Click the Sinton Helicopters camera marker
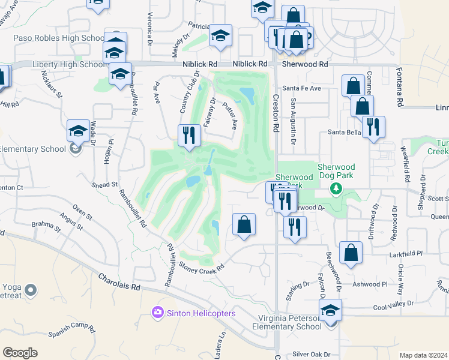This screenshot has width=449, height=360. (158, 313)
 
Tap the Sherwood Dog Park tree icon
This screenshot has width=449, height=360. (336, 190)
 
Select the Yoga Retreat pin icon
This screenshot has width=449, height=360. (32, 291)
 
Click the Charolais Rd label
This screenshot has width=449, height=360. (119, 283)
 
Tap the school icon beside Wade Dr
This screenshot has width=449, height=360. (78, 130)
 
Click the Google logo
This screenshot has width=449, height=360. (20, 353)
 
